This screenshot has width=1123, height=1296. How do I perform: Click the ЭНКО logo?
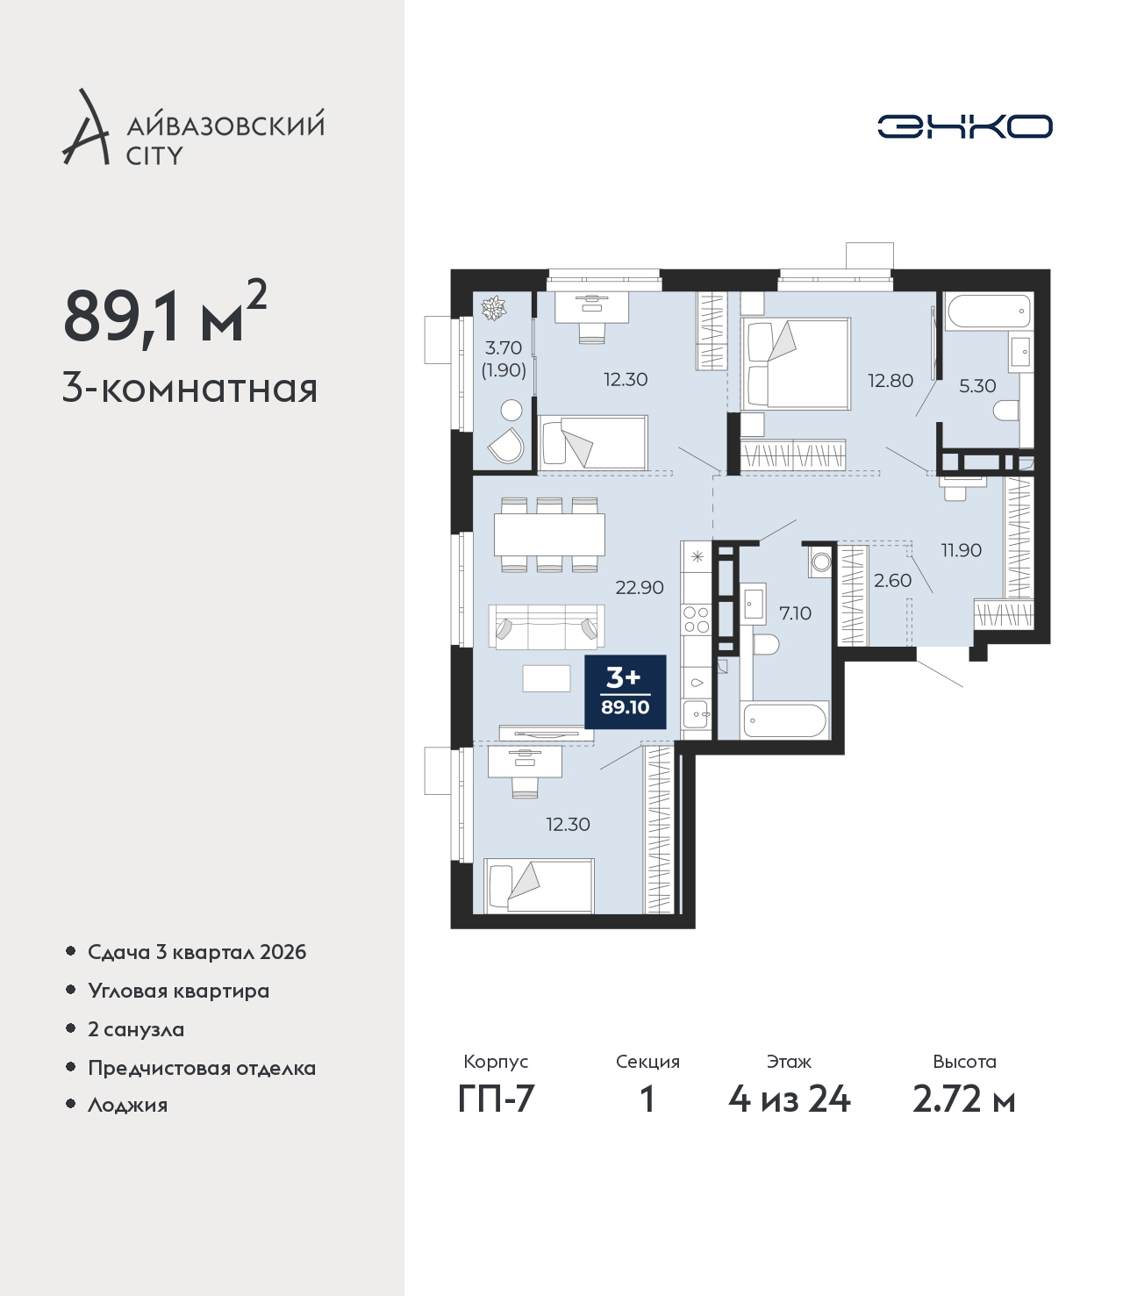click(964, 126)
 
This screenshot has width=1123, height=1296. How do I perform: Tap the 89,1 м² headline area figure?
click(165, 313)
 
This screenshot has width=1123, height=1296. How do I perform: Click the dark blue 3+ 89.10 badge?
click(626, 692)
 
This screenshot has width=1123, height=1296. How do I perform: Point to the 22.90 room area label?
click(639, 588)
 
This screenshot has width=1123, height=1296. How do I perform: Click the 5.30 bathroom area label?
click(976, 385)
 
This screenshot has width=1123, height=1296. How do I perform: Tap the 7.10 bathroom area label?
click(795, 612)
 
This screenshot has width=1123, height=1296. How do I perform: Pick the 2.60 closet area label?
click(892, 581)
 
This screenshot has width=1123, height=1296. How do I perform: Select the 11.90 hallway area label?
click(961, 550)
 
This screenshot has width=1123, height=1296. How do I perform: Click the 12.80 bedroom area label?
click(890, 381)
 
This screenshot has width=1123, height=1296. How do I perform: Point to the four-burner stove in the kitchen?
click(696, 619)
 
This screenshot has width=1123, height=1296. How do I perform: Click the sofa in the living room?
click(546, 627)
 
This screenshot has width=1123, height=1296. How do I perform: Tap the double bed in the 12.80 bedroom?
click(795, 364)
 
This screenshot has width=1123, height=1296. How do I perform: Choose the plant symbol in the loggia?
click(493, 309)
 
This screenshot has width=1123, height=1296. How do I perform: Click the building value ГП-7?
click(496, 1099)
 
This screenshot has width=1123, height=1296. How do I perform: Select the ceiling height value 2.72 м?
click(963, 1099)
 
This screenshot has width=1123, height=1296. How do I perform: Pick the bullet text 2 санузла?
click(136, 1029)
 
